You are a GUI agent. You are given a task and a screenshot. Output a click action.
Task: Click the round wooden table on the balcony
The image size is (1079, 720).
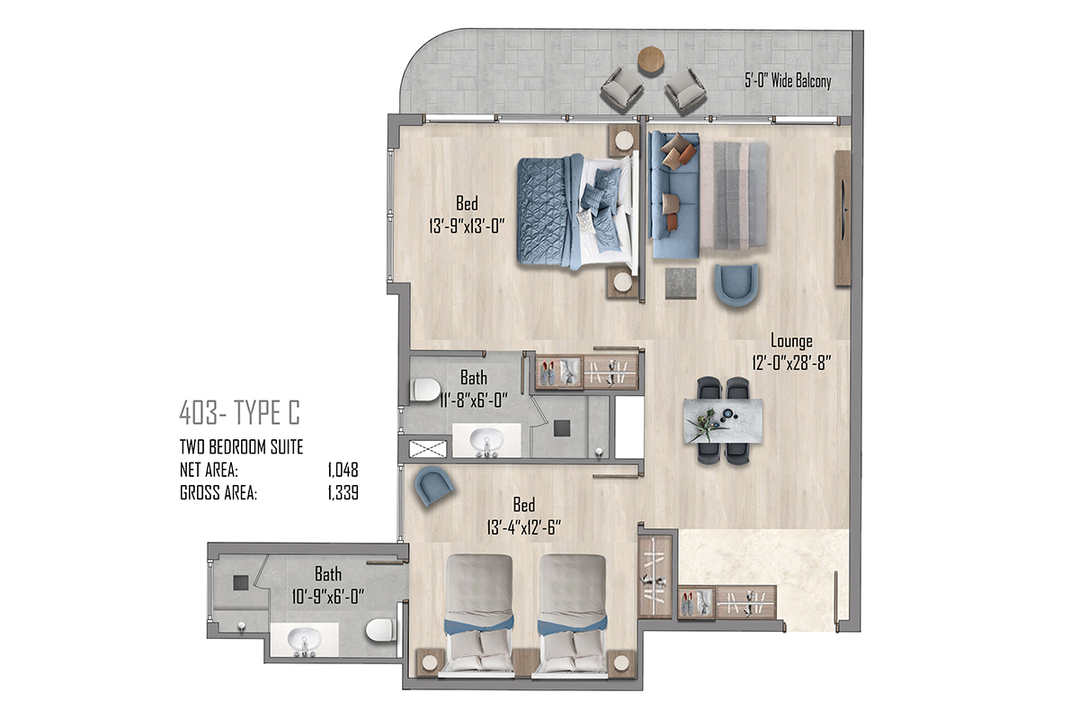tap(651, 60)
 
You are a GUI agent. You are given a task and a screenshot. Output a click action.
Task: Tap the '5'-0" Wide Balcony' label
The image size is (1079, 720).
tap(788, 80)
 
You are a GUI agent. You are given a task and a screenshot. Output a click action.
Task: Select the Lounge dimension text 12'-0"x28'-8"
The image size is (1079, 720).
tap(791, 362)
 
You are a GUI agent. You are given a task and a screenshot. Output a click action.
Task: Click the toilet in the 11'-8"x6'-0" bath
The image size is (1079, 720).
tap(426, 390)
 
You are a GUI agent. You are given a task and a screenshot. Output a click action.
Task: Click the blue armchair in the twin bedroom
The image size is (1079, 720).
tap(434, 486)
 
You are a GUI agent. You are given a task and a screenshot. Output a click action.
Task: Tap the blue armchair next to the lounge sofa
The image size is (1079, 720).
tap(736, 285)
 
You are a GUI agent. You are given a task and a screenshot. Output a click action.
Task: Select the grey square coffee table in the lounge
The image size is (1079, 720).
tap(681, 283)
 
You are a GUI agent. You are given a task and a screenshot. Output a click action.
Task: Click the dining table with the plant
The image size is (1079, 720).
tap(723, 421)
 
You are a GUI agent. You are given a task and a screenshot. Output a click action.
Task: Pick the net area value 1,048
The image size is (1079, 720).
tap(343, 470)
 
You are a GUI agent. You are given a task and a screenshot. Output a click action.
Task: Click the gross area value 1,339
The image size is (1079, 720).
tap(343, 493)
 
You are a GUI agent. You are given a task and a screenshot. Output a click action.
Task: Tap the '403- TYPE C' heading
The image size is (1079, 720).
tap(239, 413)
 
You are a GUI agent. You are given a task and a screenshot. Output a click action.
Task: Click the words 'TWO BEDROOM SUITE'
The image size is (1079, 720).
tap(241, 447)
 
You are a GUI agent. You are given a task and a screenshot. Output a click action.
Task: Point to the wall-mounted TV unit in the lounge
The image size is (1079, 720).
tap(843, 218)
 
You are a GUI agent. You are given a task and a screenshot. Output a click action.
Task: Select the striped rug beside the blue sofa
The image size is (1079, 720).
tap(734, 196)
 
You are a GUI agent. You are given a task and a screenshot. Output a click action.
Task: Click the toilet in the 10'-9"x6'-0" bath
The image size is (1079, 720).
tap(381, 630)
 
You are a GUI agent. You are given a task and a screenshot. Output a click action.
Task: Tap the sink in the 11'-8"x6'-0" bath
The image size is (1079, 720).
tap(486, 441)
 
